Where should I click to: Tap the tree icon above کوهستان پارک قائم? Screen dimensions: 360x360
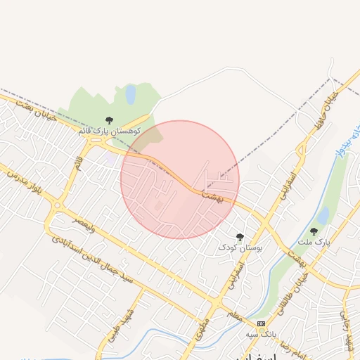[x=109, y=121]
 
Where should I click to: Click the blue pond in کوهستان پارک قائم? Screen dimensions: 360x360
[x=131, y=94]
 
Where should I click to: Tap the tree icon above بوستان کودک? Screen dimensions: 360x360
[x=240, y=238]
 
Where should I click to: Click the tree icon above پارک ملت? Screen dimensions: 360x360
[x=314, y=231]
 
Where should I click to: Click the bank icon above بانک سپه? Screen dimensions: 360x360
[x=262, y=323]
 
